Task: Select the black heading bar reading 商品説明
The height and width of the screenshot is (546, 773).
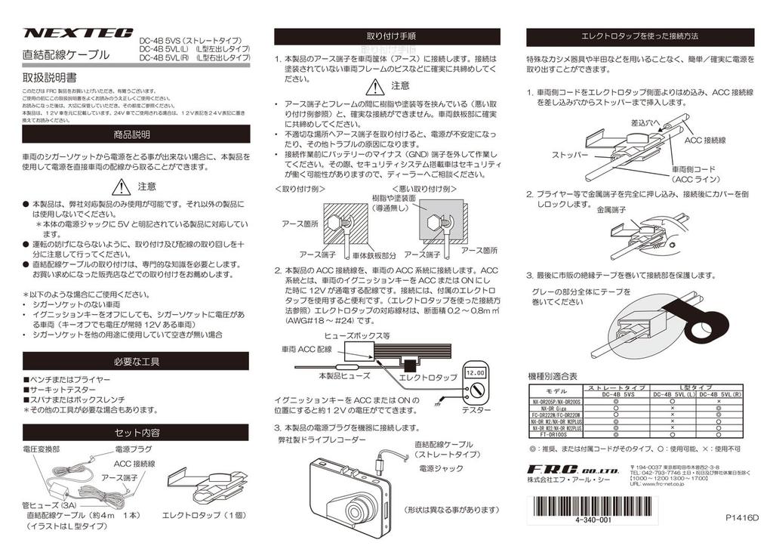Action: tap(136, 134)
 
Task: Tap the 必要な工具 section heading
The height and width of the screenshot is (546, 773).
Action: tap(136, 361)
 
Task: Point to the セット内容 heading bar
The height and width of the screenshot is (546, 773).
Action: tap(136, 433)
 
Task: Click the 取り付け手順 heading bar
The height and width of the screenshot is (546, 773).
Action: tap(386, 36)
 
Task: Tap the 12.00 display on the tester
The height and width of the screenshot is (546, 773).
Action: tap(475, 374)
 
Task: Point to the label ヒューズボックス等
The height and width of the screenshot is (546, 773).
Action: tap(356, 335)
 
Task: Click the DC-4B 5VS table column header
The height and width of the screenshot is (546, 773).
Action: tap(617, 394)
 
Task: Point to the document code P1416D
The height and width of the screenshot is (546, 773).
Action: tap(741, 518)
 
